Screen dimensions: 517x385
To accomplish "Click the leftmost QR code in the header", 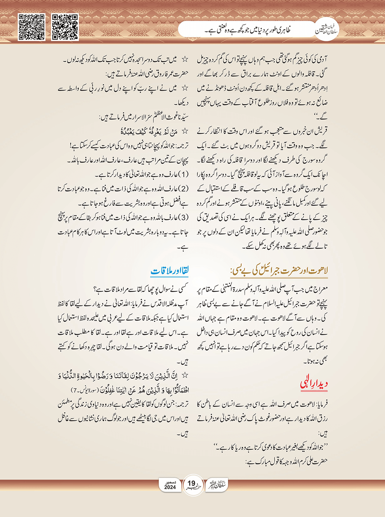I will pos(32,27).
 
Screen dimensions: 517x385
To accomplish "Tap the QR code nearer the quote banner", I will pos(65,27).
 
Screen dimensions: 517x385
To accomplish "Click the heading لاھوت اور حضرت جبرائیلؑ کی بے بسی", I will pos(280,271).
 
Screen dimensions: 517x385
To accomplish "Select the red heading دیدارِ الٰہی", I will pos(314,383).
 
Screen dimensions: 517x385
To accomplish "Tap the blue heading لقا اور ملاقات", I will pos(170,271).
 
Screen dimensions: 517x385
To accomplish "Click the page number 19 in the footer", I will pos(192,484).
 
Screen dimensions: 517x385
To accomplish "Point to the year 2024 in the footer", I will pos(170,487).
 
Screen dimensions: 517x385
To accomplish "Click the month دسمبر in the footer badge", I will pos(170,482).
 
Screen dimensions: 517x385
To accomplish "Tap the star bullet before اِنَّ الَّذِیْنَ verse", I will pos(185,375).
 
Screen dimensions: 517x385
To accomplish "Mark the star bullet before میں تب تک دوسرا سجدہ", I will pos(185,59).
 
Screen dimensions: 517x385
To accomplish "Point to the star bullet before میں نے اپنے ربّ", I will pos(185,88).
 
